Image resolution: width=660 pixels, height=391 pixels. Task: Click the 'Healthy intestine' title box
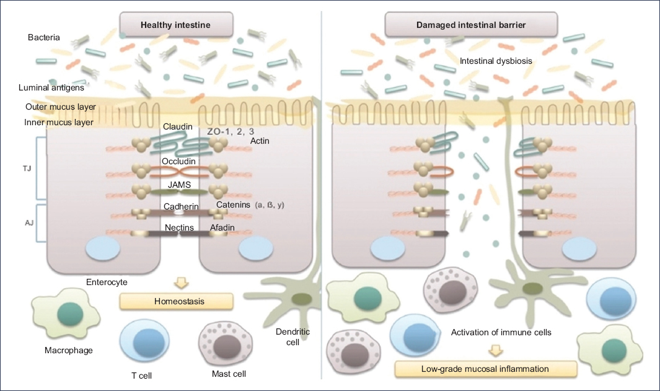pos(176,25)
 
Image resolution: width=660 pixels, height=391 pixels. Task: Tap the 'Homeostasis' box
pos(177,302)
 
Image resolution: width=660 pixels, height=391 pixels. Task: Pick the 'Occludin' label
pos(178,161)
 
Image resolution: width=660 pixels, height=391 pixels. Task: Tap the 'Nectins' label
pos(179,227)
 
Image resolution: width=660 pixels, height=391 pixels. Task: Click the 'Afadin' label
pos(222,227)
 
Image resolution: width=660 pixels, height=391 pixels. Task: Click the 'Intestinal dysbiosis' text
pos(496,61)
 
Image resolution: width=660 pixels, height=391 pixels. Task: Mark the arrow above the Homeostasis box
pos(181,283)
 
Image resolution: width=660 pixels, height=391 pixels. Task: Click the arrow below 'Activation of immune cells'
pos(495,351)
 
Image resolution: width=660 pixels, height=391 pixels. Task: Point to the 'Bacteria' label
pos(44,38)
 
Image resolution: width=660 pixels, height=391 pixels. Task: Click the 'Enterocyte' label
pos(107,282)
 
